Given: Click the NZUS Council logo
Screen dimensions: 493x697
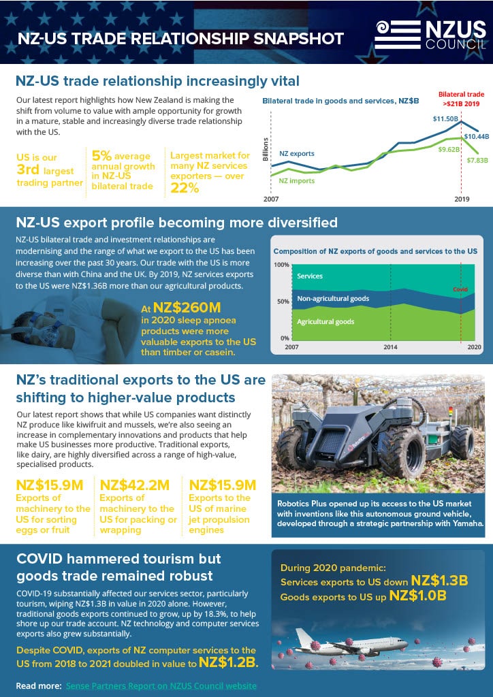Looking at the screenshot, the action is pyautogui.click(x=430, y=35).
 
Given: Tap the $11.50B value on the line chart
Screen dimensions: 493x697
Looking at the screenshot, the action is pyautogui.click(x=446, y=119).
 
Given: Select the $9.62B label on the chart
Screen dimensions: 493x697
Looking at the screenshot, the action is pyautogui.click(x=449, y=149).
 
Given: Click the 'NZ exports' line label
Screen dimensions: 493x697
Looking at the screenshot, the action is pyautogui.click(x=296, y=154).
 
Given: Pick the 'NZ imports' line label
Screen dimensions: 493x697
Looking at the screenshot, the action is pyautogui.click(x=296, y=181).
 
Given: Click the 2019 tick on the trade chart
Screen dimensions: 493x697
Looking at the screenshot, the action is pyautogui.click(x=462, y=199).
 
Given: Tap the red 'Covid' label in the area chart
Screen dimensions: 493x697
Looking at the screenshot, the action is pyautogui.click(x=460, y=289).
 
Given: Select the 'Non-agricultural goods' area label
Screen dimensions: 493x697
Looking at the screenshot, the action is pyautogui.click(x=333, y=299).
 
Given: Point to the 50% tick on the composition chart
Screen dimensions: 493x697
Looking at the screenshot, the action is pyautogui.click(x=283, y=302).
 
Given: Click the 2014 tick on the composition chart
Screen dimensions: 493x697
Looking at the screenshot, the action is pyautogui.click(x=390, y=347).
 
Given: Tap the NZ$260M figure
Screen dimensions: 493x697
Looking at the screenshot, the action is pyautogui.click(x=187, y=308).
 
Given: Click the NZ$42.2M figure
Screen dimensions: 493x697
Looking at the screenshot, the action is pyautogui.click(x=135, y=485).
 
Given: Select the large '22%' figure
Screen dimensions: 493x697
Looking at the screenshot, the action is pyautogui.click(x=185, y=188).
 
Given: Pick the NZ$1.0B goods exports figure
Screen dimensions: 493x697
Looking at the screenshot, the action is pyautogui.click(x=417, y=596).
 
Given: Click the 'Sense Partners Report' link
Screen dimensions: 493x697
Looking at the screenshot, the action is pyautogui.click(x=161, y=686).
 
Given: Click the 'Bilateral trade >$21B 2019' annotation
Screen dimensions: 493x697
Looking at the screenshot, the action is pyautogui.click(x=462, y=99).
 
